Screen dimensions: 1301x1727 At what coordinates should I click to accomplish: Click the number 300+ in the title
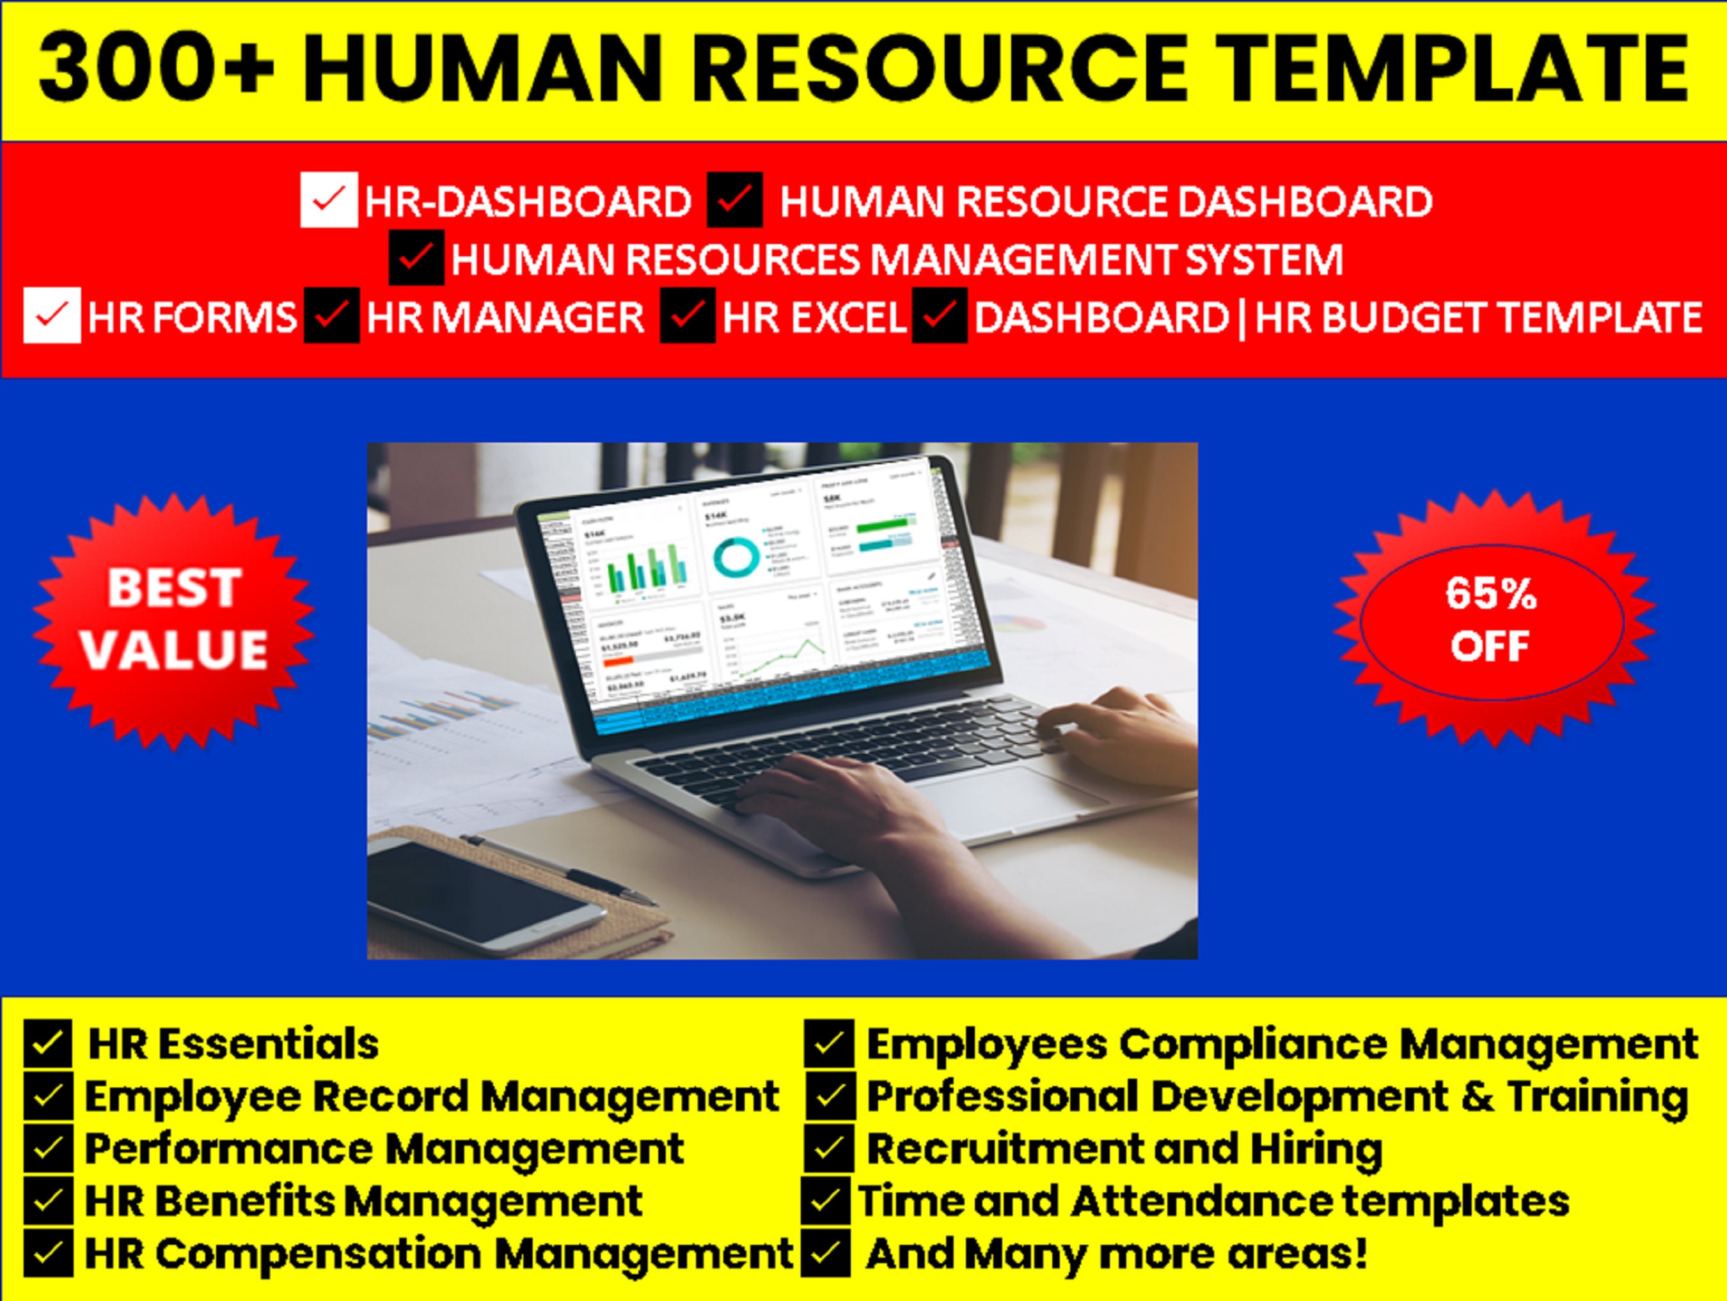pyautogui.click(x=156, y=68)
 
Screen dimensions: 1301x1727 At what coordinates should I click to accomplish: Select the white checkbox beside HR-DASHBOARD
pyautogui.click(x=329, y=200)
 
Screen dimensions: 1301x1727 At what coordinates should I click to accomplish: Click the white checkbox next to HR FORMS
pyautogui.click(x=52, y=315)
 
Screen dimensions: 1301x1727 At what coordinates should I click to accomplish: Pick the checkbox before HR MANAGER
pyautogui.click(x=332, y=315)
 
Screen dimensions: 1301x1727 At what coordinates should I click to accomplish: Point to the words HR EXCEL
pyautogui.click(x=814, y=317)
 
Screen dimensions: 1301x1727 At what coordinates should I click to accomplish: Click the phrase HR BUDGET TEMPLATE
pyautogui.click(x=1478, y=317)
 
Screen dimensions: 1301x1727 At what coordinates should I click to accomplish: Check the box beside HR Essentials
pyautogui.click(x=47, y=1043)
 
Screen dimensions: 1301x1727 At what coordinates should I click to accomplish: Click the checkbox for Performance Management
pyautogui.click(x=47, y=1148)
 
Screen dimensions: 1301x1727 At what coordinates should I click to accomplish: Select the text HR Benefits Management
pyautogui.click(x=363, y=1201)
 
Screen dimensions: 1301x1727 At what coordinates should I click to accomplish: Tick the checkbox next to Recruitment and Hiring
pyautogui.click(x=828, y=1148)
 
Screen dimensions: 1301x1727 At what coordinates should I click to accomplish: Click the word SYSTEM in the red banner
pyautogui.click(x=1263, y=259)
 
